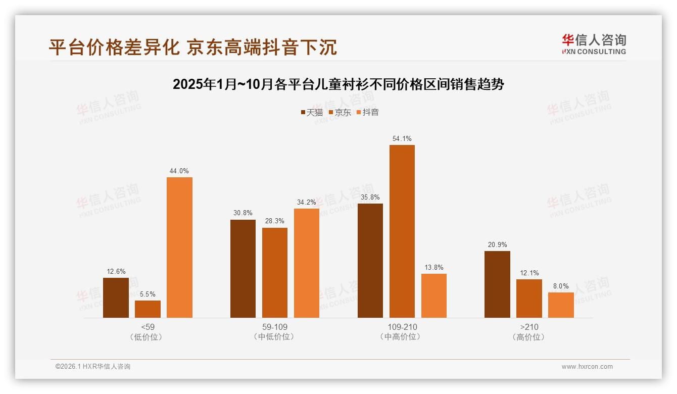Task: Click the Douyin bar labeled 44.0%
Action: [179, 247]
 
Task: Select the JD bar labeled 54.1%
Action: [402, 231]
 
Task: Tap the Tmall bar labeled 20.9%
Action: [497, 284]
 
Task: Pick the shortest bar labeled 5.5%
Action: [148, 309]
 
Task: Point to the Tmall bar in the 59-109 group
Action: [243, 268]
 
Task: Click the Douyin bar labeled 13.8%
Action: [433, 295]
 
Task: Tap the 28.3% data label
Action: [275, 221]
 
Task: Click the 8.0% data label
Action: [561, 286]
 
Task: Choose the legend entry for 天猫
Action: [312, 113]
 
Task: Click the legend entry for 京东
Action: [340, 113]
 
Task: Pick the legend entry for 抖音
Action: [368, 113]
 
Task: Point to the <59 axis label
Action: [148, 327]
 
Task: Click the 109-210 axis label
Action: [402, 327]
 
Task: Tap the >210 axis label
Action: [529, 327]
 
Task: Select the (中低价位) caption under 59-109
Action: [275, 336]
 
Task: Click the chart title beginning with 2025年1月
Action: [338, 84]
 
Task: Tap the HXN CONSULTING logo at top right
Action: [594, 44]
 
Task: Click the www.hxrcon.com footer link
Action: [587, 367]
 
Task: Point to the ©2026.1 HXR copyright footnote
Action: [93, 367]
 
